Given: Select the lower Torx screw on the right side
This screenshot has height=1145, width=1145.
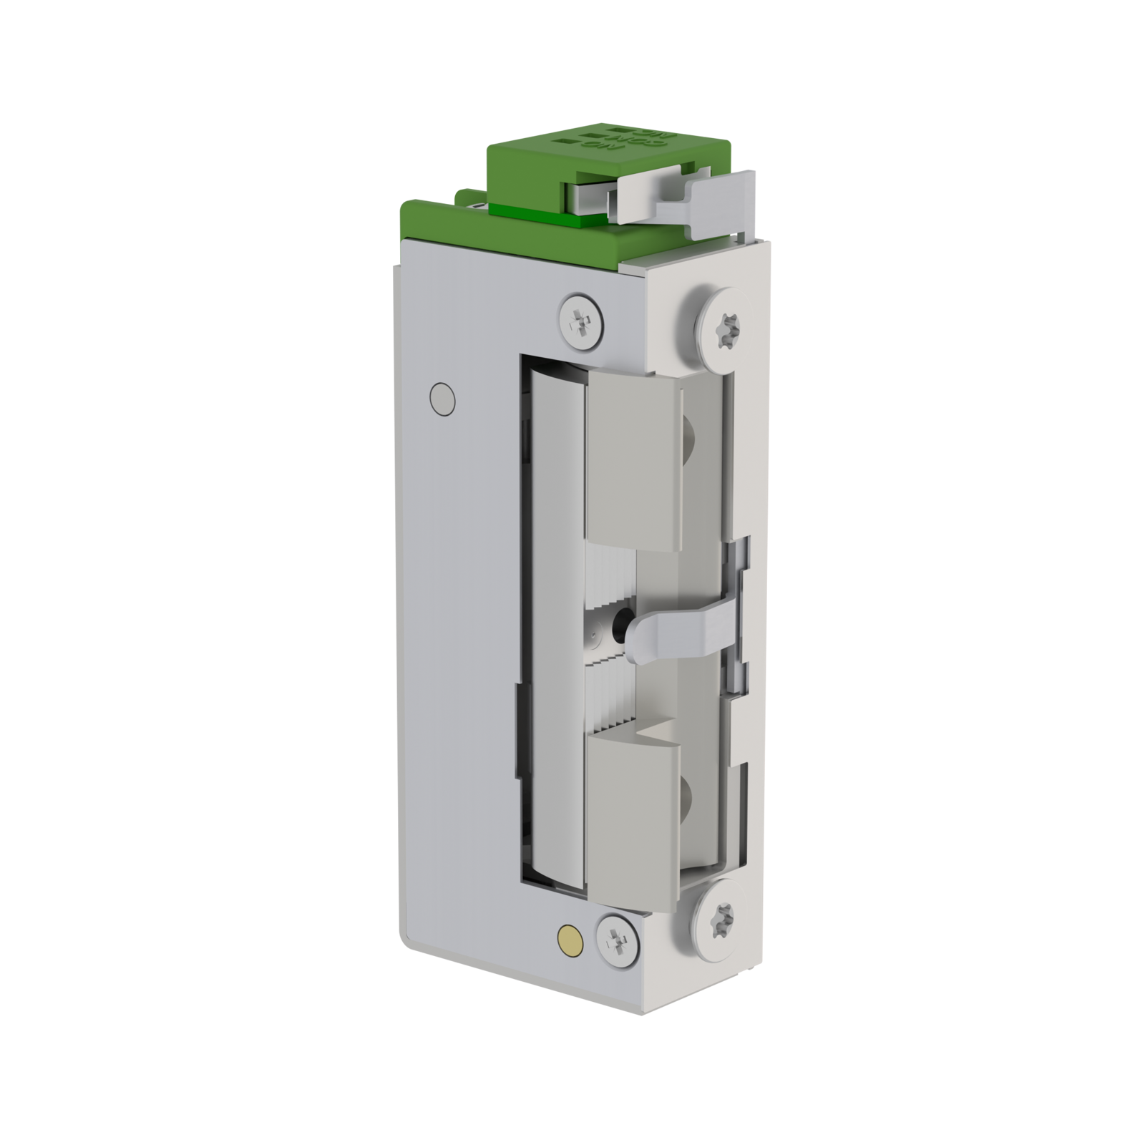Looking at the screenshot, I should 720,919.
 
